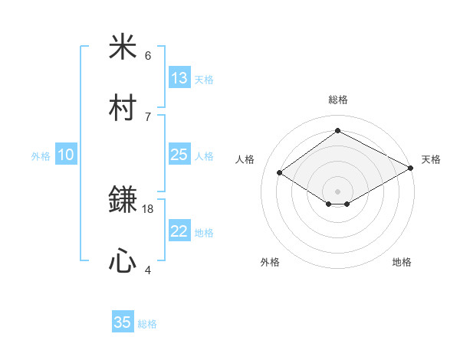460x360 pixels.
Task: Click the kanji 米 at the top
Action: pyautogui.click(x=123, y=47)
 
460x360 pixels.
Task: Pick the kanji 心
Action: pyautogui.click(x=123, y=261)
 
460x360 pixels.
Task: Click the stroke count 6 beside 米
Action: pyautogui.click(x=148, y=55)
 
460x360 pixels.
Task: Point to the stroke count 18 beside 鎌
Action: pyautogui.click(x=149, y=208)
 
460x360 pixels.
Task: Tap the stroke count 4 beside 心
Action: pyautogui.click(x=148, y=270)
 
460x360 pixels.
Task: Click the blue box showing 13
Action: pyautogui.click(x=179, y=78)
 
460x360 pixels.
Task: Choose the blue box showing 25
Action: pyautogui.click(x=179, y=155)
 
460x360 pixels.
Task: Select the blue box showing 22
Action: pyautogui.click(x=179, y=231)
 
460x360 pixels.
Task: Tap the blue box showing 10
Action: pyautogui.click(x=66, y=155)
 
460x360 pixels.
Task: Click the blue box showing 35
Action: pyautogui.click(x=123, y=322)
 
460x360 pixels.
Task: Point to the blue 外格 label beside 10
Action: pyautogui.click(x=41, y=155)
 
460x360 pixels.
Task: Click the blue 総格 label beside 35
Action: pyautogui.click(x=147, y=324)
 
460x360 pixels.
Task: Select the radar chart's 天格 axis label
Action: pyautogui.click(x=431, y=159)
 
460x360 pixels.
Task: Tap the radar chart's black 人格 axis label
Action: pyautogui.click(x=245, y=159)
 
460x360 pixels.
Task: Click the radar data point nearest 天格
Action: pyautogui.click(x=412, y=169)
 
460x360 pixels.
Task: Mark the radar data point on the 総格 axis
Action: pyautogui.click(x=337, y=131)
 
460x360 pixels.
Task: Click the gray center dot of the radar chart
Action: pyautogui.click(x=337, y=191)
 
